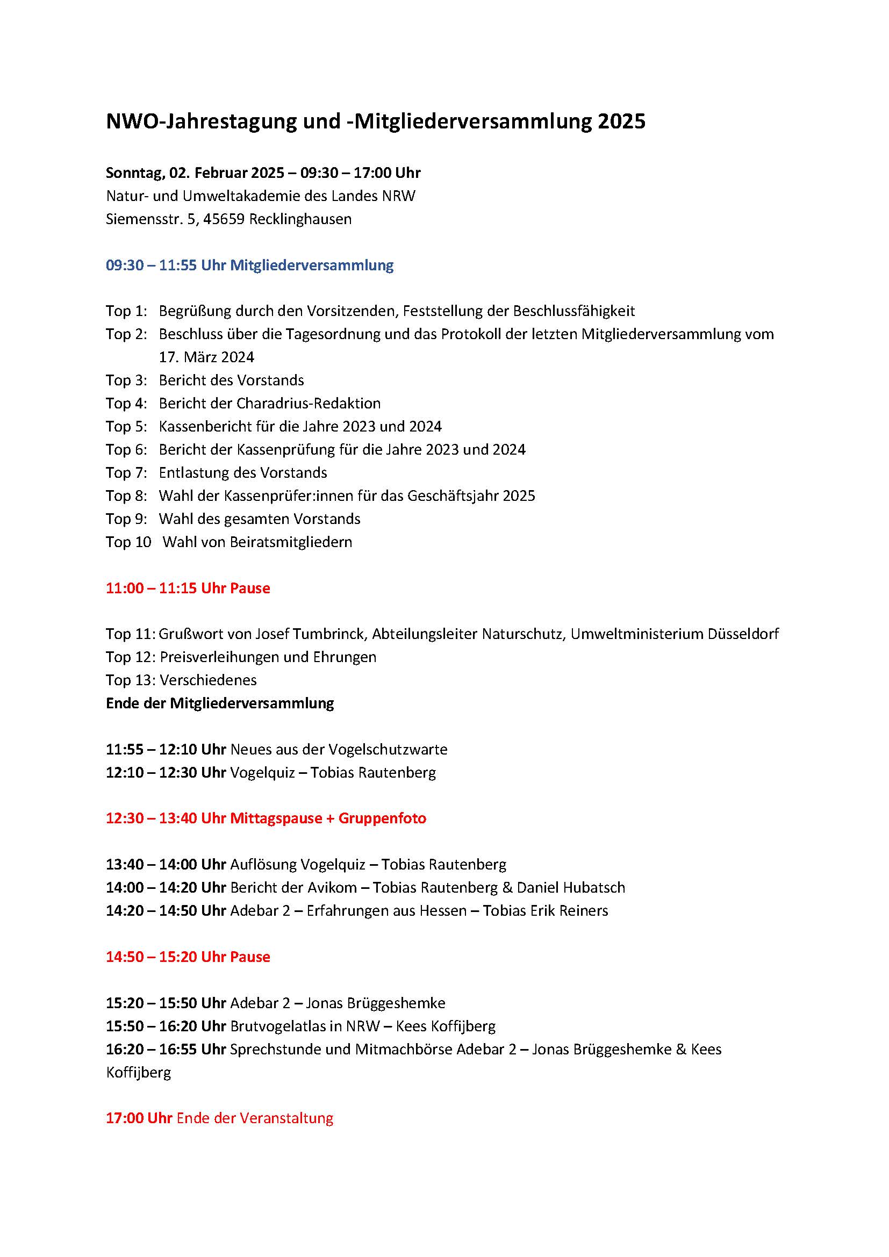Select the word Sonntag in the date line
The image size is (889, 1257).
[133, 173]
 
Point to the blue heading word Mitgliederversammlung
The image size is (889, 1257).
[312, 265]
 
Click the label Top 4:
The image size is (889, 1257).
[126, 404]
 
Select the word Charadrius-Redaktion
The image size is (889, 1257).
[308, 404]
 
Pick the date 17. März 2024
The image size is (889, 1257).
[206, 357]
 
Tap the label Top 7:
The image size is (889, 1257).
[126, 472]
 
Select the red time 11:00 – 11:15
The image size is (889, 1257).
[151, 588]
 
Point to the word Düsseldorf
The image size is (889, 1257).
[743, 634]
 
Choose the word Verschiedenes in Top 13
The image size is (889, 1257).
[208, 680]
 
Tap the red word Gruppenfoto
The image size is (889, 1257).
[382, 818]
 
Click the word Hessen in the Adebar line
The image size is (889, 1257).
[441, 910]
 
